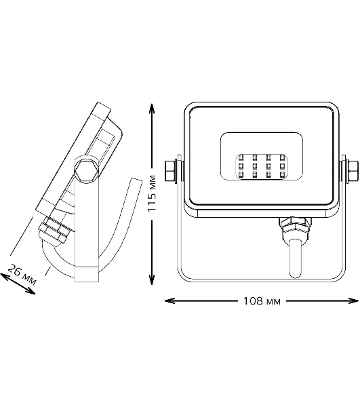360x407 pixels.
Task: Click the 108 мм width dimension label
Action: click(262, 301)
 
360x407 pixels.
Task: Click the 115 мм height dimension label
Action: click(152, 193)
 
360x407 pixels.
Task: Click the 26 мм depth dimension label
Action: click(22, 274)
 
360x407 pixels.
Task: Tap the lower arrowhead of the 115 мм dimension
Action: click(152, 279)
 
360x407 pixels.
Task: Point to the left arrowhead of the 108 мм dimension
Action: click(170, 301)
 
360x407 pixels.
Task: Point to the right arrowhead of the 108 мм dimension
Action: click(353, 301)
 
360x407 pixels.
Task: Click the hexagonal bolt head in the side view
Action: click(86, 170)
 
